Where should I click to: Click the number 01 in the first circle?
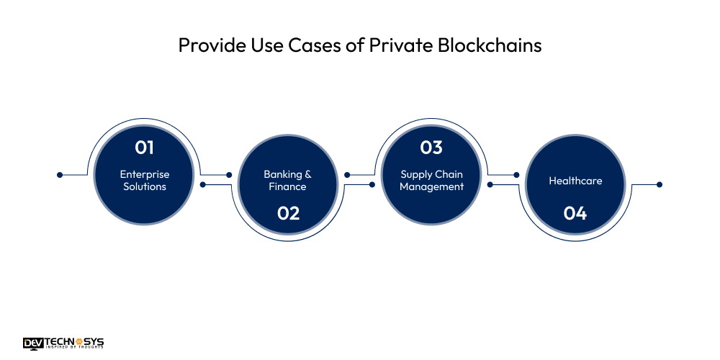pos(145,148)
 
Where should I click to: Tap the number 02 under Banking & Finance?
pos(287,213)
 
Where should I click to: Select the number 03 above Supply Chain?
pos(431,148)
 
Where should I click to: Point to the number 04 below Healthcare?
pos(575,213)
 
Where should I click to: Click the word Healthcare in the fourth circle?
pos(575,181)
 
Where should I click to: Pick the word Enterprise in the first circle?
pos(145,174)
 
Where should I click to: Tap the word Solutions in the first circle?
pos(145,186)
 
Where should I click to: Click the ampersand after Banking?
pos(308,174)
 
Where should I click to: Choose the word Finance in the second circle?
pos(287,186)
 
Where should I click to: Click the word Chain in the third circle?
pos(449,174)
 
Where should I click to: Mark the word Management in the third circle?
pos(431,186)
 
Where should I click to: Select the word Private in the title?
pos(396,45)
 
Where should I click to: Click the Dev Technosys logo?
pos(63,343)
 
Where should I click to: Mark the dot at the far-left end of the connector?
pos(60,174)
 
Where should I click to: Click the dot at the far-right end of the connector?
pos(660,184)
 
